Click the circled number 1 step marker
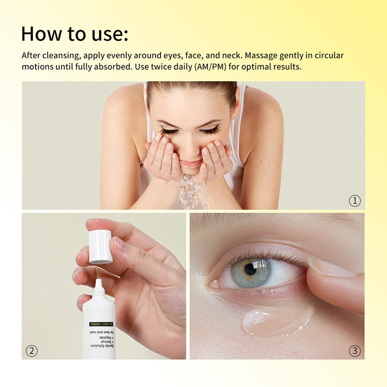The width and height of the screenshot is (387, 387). [355, 200]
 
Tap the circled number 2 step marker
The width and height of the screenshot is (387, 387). [31, 351]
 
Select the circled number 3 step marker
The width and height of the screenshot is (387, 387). [355, 351]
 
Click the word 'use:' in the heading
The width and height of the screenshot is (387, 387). [108, 34]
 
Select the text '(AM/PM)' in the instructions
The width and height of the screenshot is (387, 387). [210, 67]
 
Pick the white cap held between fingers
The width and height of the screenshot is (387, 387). [101, 247]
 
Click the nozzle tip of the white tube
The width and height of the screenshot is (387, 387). [98, 282]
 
